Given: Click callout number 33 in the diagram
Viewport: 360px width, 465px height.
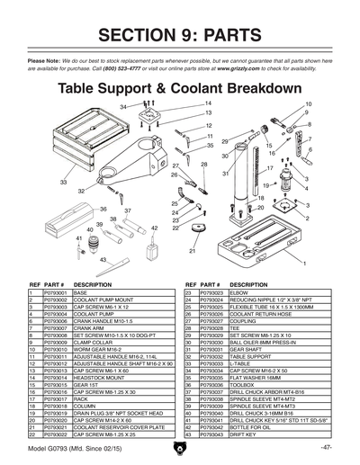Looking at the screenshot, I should click(x=64, y=182).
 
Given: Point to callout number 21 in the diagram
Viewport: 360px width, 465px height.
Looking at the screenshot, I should click(x=192, y=253).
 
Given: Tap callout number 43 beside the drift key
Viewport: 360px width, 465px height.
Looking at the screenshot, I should click(x=103, y=260).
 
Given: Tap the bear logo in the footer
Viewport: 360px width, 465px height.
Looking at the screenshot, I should click(x=180, y=447).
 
